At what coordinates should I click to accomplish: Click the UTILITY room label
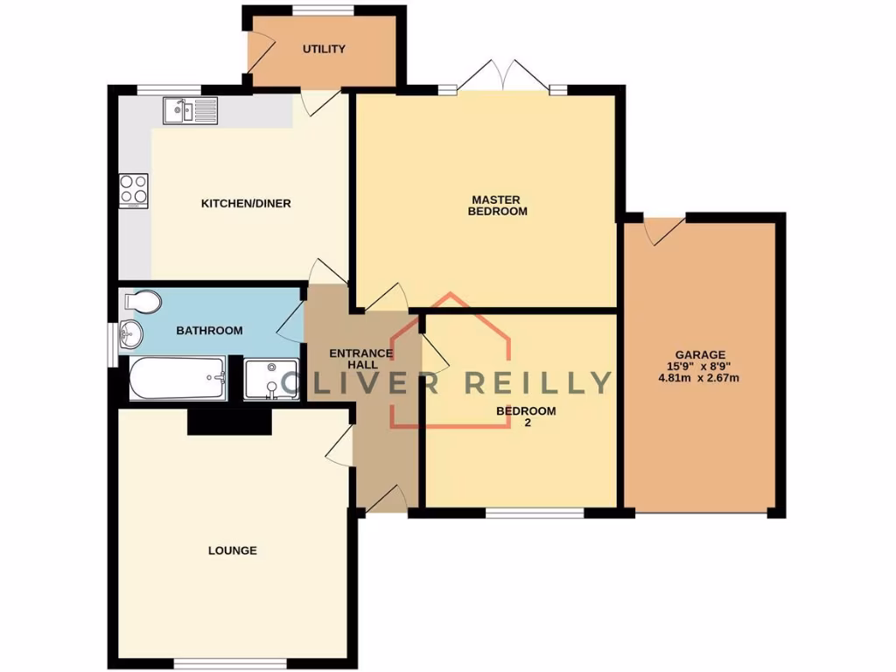click(324, 49)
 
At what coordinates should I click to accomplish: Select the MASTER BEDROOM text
click(497, 205)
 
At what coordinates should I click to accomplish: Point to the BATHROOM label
click(209, 330)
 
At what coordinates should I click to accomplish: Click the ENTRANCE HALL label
click(360, 359)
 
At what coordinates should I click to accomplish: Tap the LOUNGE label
click(233, 550)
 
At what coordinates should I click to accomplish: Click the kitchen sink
click(189, 111)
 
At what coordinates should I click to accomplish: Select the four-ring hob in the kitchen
click(134, 191)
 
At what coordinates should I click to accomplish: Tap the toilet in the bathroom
click(143, 303)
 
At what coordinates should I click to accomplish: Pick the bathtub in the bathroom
click(178, 379)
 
